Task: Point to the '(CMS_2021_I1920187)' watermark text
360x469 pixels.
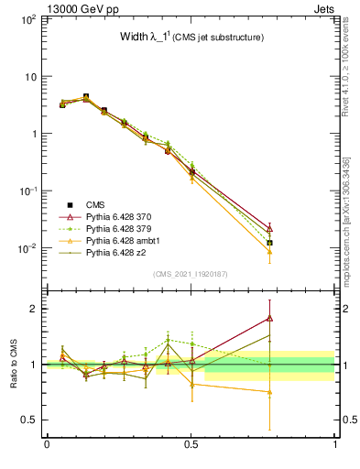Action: click(x=191, y=274)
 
